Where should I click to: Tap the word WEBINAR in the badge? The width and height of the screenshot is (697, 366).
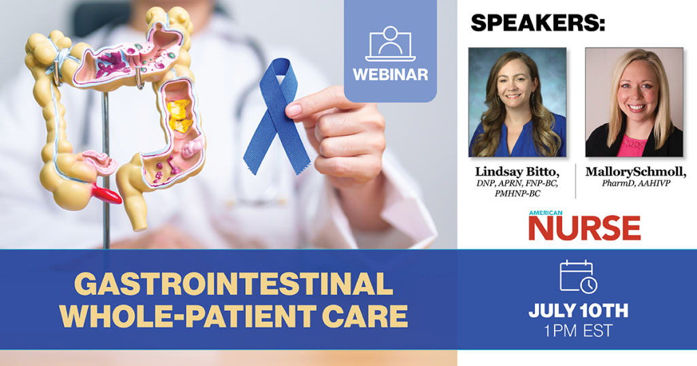point(390,74)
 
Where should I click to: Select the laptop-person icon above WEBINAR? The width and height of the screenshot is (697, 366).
point(390,44)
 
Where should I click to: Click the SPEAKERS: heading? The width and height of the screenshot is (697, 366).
point(538,23)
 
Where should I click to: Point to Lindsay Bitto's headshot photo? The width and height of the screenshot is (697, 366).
point(517,102)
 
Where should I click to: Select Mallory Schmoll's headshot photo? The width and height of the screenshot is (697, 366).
point(634,102)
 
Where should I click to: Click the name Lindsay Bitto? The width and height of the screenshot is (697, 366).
point(517,171)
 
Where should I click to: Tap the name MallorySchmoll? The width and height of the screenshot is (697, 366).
point(636,172)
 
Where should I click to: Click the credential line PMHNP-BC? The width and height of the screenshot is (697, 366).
point(517,194)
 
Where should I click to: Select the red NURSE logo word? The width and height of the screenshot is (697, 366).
point(585,228)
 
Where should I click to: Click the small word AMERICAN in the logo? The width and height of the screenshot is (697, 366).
point(545,213)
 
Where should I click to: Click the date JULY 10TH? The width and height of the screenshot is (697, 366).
point(579,310)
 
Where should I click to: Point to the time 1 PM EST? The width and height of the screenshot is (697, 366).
point(579,331)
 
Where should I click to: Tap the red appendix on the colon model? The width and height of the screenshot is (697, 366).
point(106,195)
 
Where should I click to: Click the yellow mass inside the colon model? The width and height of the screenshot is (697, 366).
point(179,115)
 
